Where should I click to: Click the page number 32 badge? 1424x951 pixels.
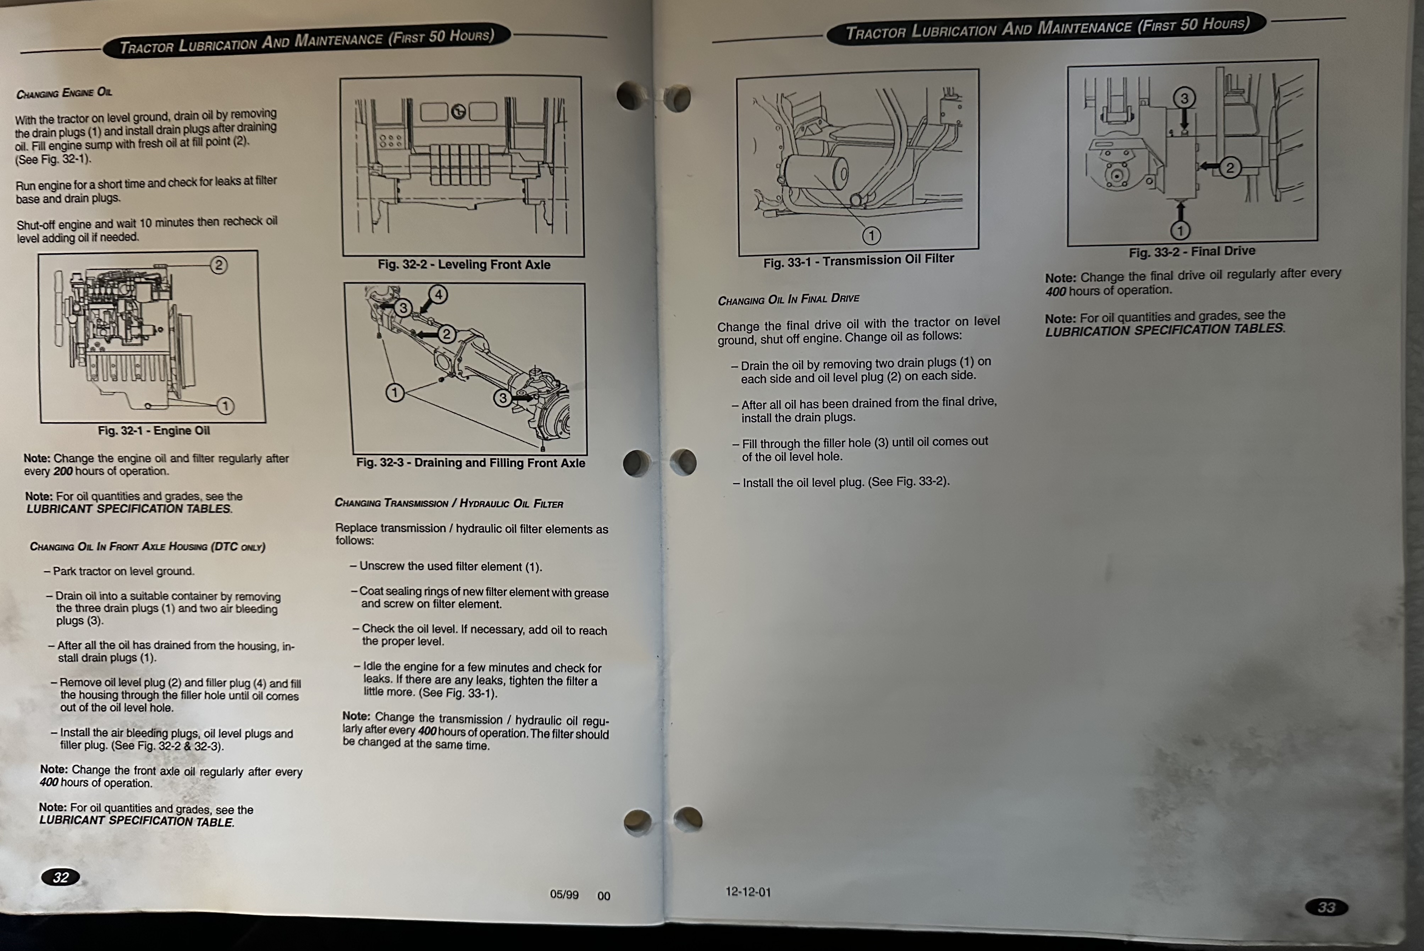[60, 877]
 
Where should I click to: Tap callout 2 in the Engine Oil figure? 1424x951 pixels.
[219, 265]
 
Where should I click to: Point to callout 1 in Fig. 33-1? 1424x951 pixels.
[872, 235]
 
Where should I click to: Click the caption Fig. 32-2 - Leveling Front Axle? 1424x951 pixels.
[464, 264]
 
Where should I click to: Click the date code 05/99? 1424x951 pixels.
[564, 895]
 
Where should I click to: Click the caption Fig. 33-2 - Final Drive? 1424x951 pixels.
[1192, 251]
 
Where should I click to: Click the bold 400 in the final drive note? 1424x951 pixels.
[1055, 292]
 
